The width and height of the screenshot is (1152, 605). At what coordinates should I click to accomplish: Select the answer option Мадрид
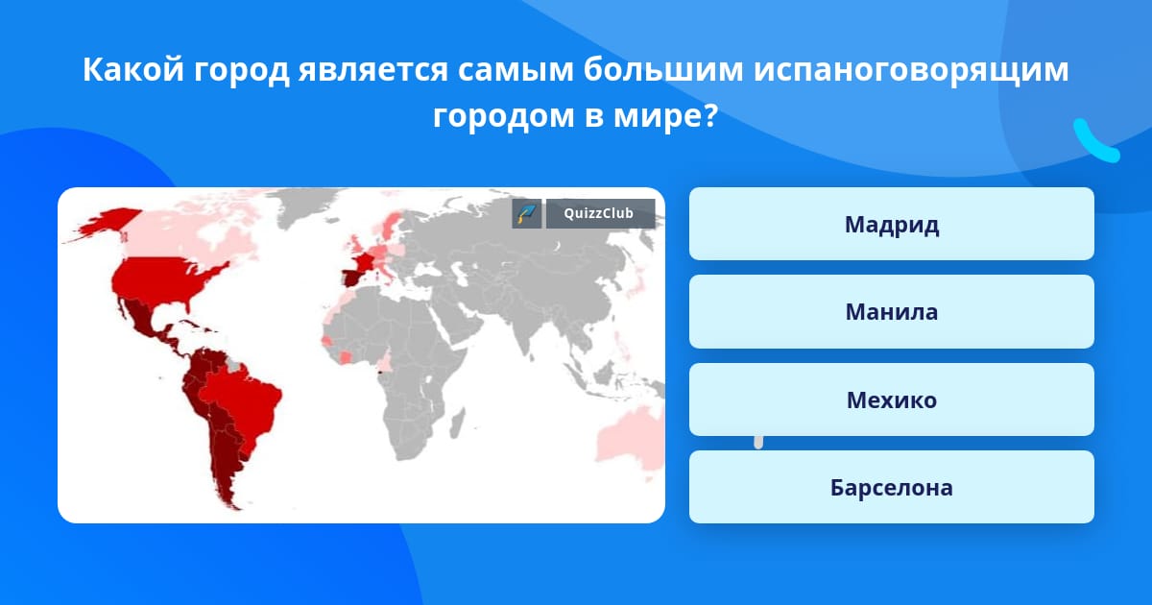coord(891,224)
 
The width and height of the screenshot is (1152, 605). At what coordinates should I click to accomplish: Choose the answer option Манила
coord(891,311)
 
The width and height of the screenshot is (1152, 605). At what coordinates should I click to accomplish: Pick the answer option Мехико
coord(891,399)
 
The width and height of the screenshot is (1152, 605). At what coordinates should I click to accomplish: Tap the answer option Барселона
coord(891,487)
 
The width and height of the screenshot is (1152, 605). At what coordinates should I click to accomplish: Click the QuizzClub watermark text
coord(599,213)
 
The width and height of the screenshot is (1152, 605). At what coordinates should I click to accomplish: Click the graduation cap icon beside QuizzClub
coord(527,213)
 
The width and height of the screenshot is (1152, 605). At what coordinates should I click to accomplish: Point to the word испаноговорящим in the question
coord(911,69)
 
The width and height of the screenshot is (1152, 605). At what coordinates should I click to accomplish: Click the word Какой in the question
coord(133,69)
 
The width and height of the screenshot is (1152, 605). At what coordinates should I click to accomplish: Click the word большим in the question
coord(663,69)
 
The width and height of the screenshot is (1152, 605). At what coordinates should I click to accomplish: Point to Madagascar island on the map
coord(457,423)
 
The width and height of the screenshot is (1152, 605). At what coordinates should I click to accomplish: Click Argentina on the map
coord(227,463)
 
